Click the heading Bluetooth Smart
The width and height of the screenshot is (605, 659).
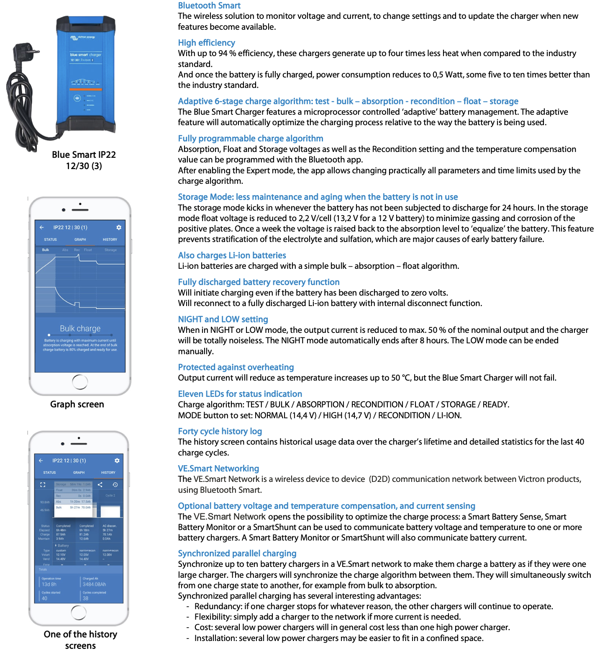click(209, 5)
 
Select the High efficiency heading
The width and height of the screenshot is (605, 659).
click(206, 43)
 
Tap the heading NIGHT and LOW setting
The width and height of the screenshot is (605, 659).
click(223, 319)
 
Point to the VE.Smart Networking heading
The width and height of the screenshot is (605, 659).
click(218, 469)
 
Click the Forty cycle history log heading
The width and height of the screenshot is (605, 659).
click(220, 431)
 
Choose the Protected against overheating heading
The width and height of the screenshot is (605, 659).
click(236, 367)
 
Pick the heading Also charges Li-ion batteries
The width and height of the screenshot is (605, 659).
click(232, 255)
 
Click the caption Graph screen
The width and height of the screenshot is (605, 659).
click(77, 404)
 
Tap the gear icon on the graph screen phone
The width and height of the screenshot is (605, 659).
click(119, 227)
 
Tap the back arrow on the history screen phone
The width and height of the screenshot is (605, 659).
click(41, 461)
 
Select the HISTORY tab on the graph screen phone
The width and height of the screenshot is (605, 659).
click(110, 239)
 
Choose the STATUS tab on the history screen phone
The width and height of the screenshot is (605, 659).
click(49, 472)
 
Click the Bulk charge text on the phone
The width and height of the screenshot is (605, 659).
click(80, 329)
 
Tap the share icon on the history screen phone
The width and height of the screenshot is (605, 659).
click(100, 484)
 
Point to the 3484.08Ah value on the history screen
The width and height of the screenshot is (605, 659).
click(94, 584)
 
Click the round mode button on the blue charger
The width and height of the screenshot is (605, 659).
click(77, 98)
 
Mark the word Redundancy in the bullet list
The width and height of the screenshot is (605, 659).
click(218, 606)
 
